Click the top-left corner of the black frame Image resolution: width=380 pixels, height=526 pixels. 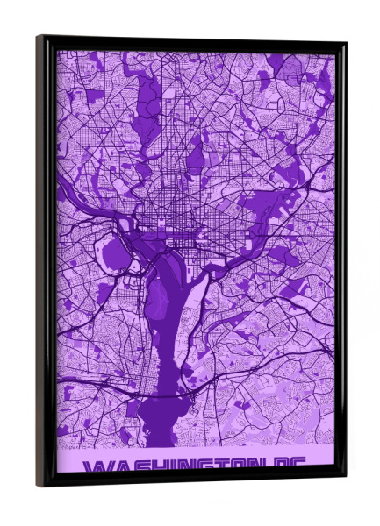[x=39, y=37]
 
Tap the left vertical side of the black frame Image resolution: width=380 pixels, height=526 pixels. [x=43, y=263]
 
